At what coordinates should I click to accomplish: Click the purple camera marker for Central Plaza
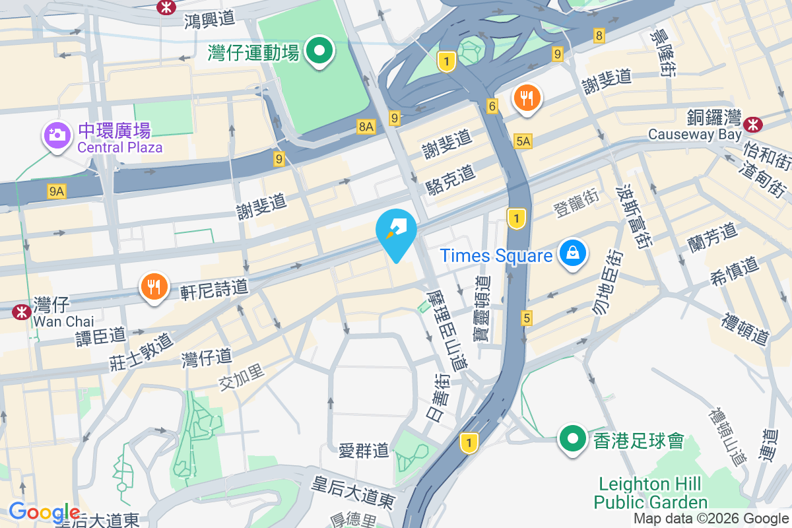(57, 135)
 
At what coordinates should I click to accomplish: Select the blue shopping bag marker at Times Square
(573, 253)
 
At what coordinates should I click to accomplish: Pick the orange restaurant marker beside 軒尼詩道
(154, 287)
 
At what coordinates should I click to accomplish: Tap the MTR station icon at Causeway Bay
(752, 123)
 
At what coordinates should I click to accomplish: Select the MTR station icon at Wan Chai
(22, 311)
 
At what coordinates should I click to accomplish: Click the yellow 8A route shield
(366, 126)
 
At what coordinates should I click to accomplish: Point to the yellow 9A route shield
(57, 191)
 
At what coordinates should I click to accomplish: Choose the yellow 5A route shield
(523, 141)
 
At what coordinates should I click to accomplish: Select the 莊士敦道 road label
(141, 350)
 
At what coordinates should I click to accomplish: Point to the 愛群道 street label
(364, 451)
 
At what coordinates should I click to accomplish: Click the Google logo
(44, 511)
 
